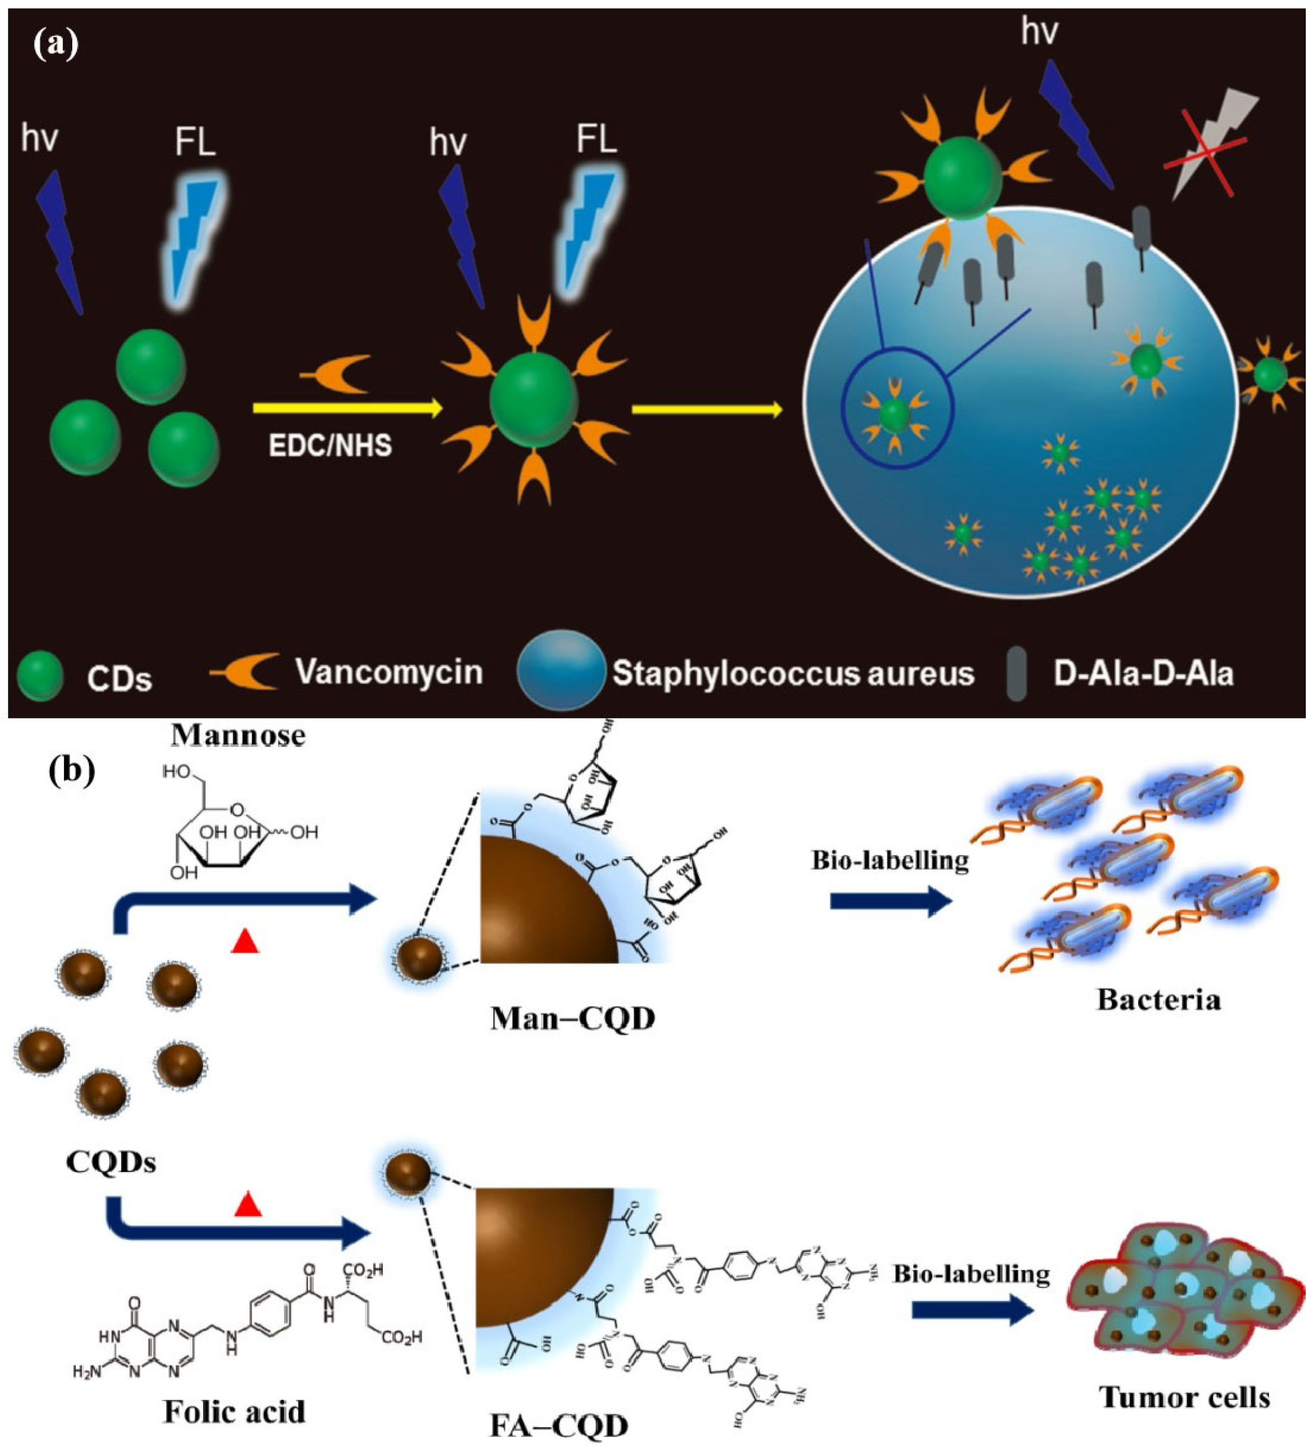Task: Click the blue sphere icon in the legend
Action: click(x=561, y=670)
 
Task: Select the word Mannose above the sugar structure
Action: click(x=238, y=736)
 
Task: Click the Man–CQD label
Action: click(x=573, y=1019)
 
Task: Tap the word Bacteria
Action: click(x=1159, y=1000)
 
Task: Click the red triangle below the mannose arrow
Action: click(x=245, y=940)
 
